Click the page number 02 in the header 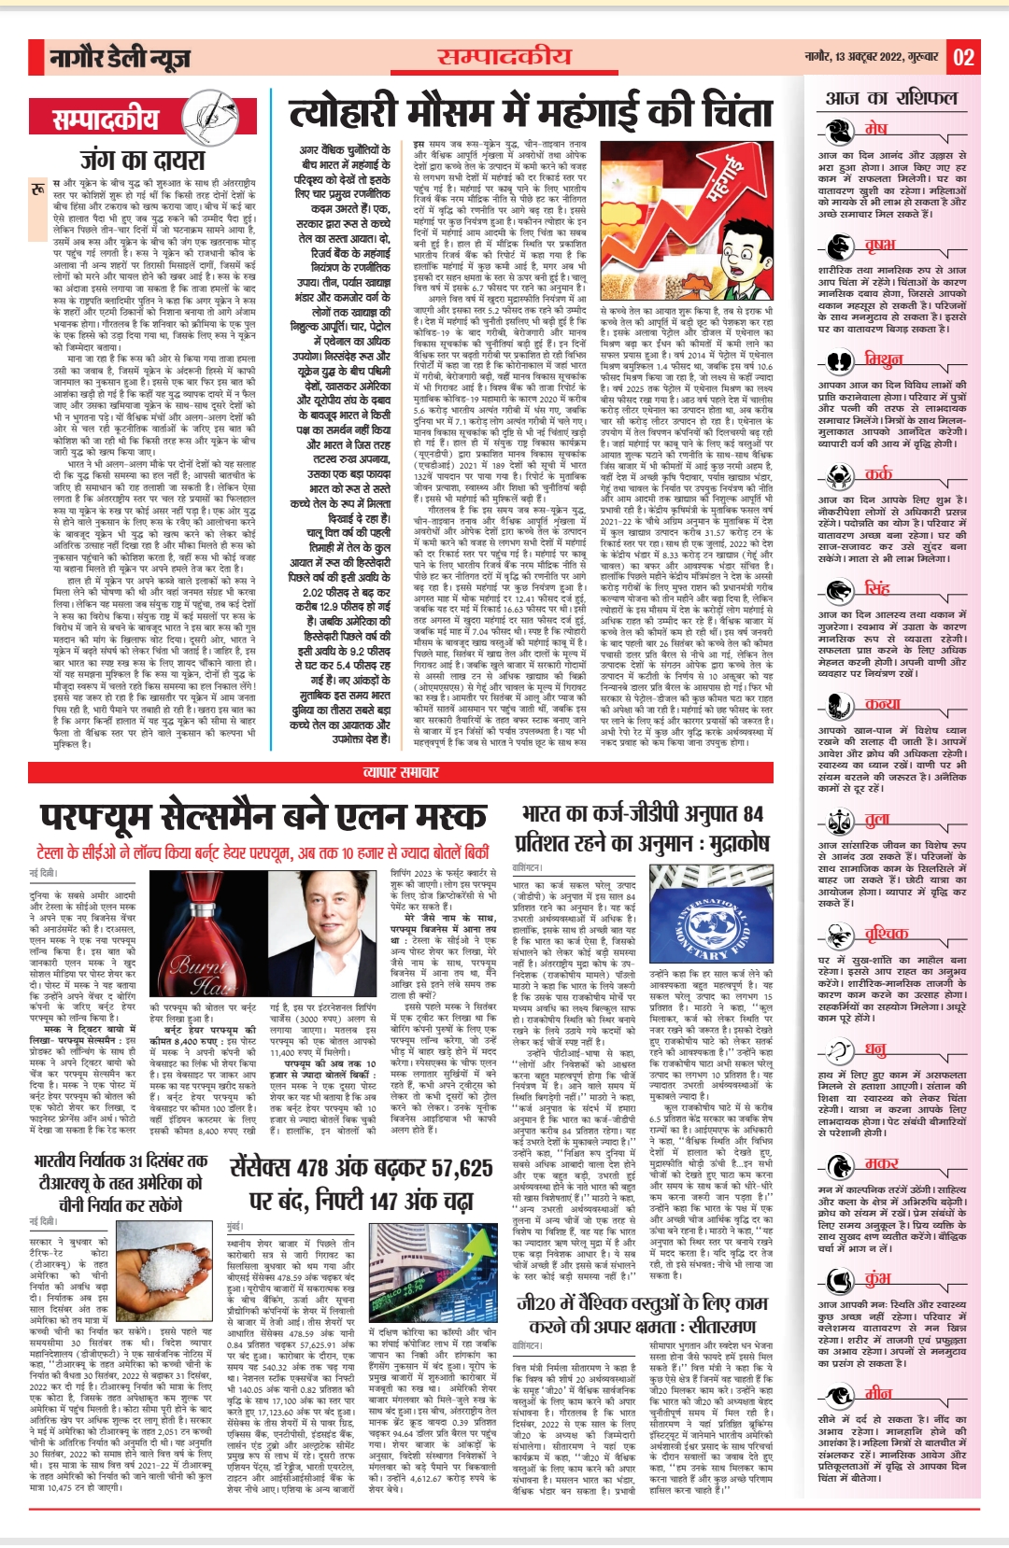point(963,58)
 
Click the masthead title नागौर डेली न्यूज point(120,60)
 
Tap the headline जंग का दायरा point(142,160)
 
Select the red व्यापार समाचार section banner point(401,772)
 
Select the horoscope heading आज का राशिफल point(891,98)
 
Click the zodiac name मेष point(875,128)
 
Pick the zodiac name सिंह point(877,588)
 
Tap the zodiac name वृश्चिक point(886,933)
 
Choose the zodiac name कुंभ point(877,1278)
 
